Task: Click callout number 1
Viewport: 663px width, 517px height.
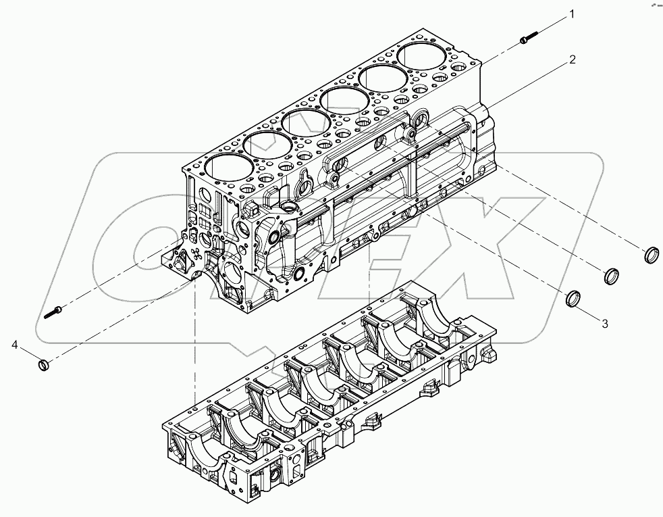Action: coord(571,14)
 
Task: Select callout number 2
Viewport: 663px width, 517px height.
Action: coord(571,59)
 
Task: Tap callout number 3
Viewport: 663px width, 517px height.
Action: coord(604,324)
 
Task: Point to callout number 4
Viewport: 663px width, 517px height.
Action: coord(15,345)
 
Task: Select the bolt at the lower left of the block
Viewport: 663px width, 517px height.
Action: coord(54,312)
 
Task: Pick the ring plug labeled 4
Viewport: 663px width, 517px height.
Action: coord(43,366)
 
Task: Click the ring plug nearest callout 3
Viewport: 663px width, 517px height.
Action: coord(573,298)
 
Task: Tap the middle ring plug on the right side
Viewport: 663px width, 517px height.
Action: coord(610,276)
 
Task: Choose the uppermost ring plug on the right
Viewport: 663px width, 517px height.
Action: coord(651,255)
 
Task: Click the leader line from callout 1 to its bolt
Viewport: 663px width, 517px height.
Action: coord(550,26)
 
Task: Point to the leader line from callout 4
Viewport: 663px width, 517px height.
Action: coord(28,355)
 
